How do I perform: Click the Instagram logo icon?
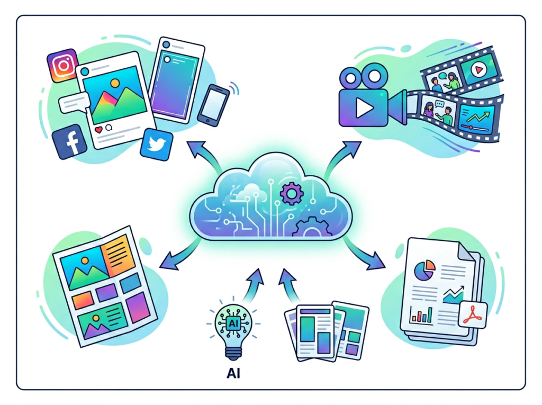[62, 66]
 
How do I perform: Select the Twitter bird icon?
[157, 144]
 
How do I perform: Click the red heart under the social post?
[98, 129]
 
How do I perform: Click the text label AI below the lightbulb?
[233, 373]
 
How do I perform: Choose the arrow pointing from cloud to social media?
[203, 154]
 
